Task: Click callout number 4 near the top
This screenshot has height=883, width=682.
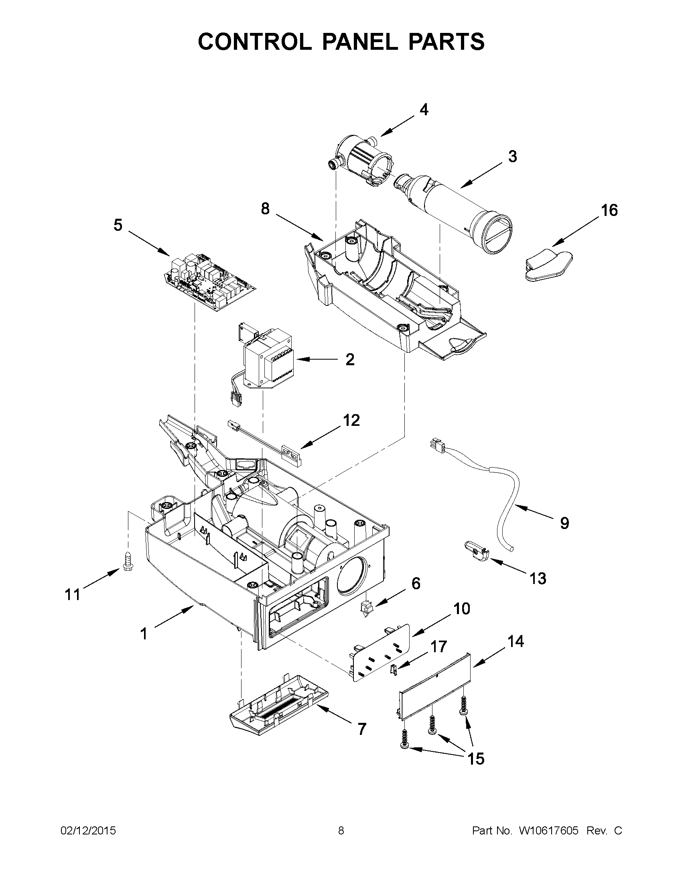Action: [x=423, y=109]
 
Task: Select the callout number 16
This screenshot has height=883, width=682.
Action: [x=609, y=210]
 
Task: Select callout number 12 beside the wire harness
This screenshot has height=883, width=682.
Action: [x=351, y=420]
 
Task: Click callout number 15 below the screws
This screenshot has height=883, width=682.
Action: [x=475, y=759]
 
